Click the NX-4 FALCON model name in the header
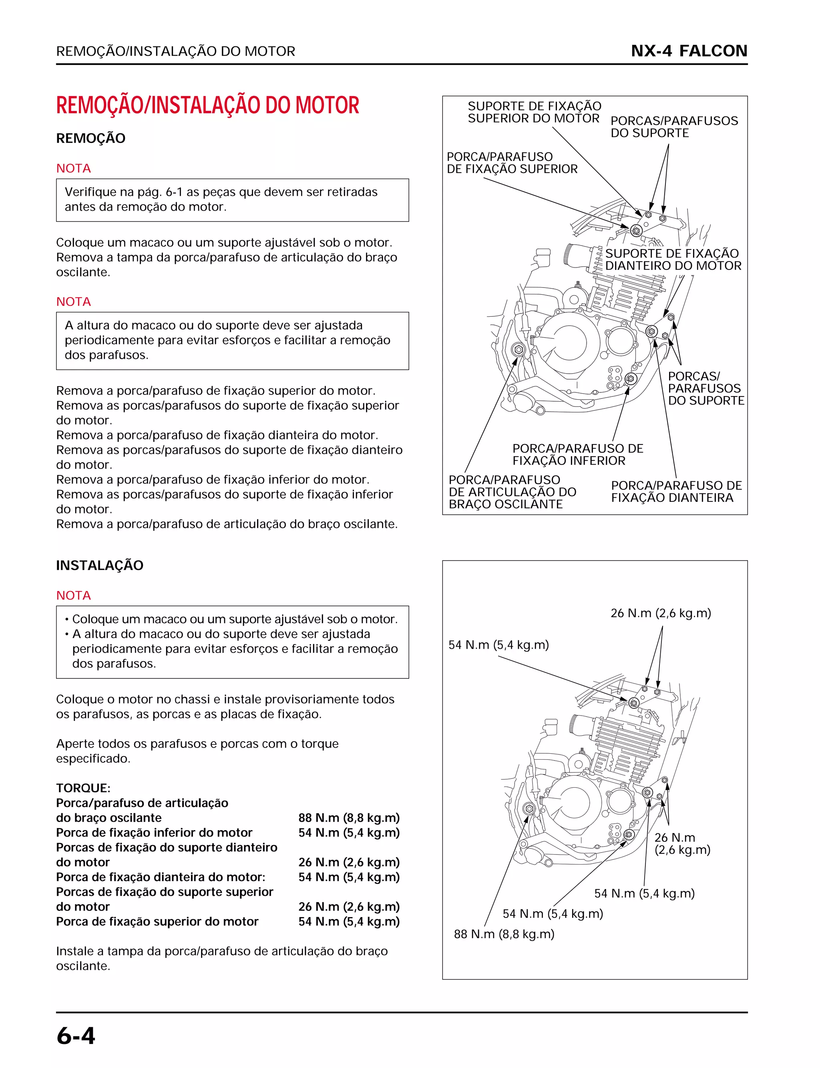coord(689,51)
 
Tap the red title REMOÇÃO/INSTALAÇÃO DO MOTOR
coord(207,105)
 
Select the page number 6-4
coord(76,1035)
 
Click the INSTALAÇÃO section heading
coord(100,565)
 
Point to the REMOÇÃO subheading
coord(91,138)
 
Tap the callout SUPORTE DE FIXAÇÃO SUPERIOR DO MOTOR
coord(534,112)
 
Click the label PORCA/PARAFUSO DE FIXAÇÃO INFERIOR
coord(577,455)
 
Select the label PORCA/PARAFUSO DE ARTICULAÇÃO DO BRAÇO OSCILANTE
coord(512,492)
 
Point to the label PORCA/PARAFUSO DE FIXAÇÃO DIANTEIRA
coord(676,491)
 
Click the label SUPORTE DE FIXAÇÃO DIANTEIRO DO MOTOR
coord(673,259)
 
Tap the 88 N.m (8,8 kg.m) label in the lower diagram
coord(504,934)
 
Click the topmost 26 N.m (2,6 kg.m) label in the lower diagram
coord(660,613)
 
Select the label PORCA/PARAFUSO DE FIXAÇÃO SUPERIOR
coord(512,163)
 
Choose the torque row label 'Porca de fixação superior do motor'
coord(157,921)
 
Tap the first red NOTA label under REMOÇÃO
coord(73,169)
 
